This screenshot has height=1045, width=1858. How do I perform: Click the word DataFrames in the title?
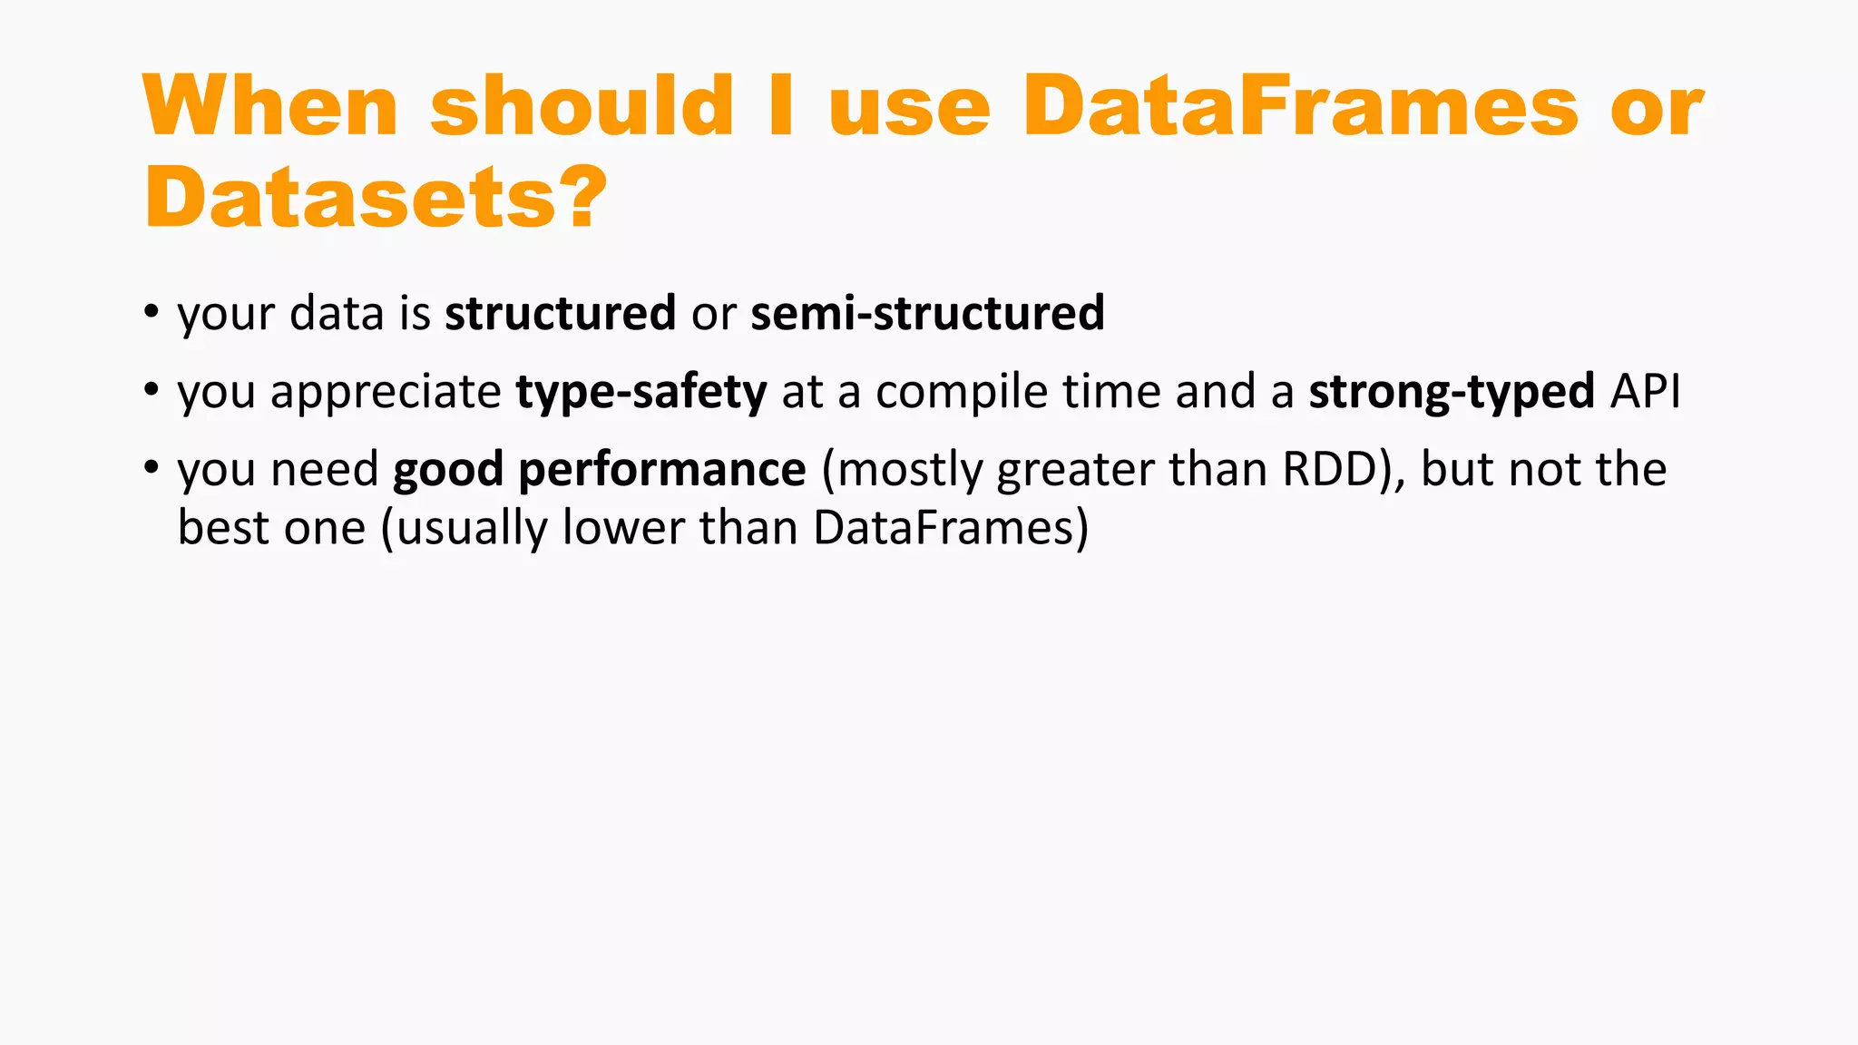pos(1300,106)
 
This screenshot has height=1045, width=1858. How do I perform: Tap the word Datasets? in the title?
pos(375,198)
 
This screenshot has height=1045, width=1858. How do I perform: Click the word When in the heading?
pos(269,106)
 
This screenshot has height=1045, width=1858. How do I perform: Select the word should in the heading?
pos(582,106)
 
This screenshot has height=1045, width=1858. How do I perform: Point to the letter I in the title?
pos(781,106)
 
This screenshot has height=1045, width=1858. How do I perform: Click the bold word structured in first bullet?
pos(560,313)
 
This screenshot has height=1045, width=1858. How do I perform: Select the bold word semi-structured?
pos(927,313)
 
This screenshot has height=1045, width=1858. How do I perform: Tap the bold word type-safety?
pos(641,392)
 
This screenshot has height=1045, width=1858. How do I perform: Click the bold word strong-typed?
pos(1452,392)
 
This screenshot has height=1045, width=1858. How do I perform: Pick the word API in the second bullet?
pos(1646,392)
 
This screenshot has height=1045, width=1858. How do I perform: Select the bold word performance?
pos(661,470)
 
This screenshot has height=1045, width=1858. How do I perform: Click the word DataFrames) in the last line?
pos(950,528)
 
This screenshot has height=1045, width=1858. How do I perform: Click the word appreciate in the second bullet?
pos(386,392)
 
